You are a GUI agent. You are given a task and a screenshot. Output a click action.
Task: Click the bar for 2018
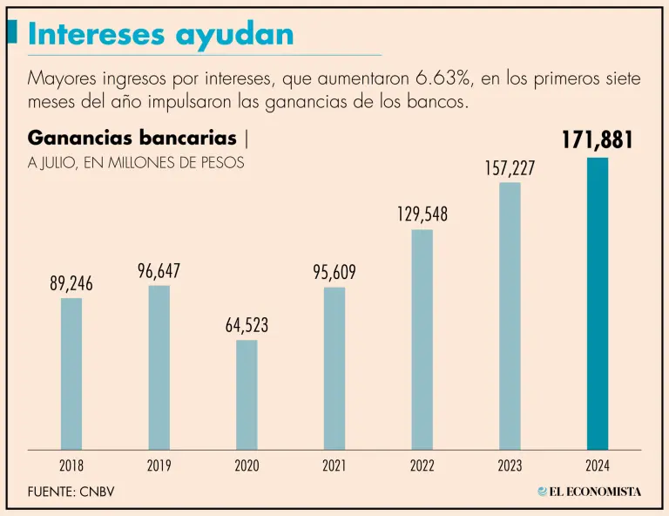71,373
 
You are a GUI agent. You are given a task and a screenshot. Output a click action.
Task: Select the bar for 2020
247,394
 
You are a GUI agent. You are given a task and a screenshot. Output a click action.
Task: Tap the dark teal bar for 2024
598,303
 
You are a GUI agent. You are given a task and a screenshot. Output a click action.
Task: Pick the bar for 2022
422,339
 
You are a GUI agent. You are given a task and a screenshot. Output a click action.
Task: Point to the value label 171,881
597,140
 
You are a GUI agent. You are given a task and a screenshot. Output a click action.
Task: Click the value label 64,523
247,326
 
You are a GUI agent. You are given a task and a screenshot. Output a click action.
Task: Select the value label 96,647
159,272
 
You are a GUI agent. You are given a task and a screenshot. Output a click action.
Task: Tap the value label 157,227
510,168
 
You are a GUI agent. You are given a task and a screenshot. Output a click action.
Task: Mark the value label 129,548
422,214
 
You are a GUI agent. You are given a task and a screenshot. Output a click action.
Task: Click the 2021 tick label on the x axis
334,465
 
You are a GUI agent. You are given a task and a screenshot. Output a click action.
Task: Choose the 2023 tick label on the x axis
510,465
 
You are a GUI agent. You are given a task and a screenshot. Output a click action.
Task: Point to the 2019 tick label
159,465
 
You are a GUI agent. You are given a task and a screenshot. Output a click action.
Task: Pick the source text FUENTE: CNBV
71,492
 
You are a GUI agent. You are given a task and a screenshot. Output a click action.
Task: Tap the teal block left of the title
12,32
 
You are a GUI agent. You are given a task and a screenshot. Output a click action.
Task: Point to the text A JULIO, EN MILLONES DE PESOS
136,162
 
